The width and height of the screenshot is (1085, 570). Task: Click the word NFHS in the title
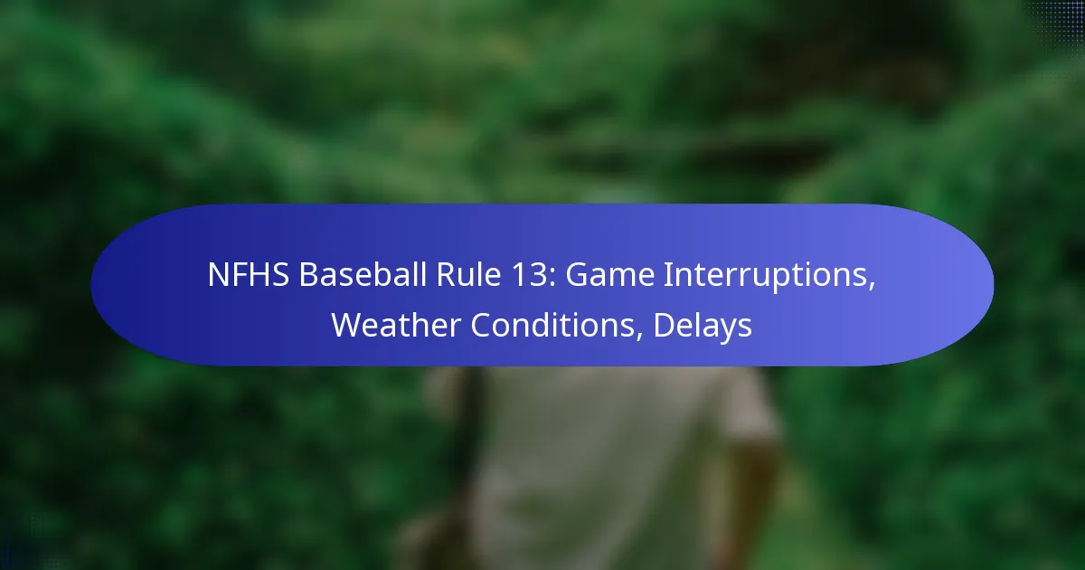tap(249, 275)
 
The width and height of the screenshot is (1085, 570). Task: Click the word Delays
tap(703, 326)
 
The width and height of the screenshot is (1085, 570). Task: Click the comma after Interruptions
tap(872, 286)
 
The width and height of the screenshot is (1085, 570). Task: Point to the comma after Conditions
tap(639, 336)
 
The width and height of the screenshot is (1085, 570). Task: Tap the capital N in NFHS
tap(218, 275)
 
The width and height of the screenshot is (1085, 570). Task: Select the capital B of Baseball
tap(308, 275)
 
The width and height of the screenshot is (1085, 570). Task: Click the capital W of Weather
tap(349, 325)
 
